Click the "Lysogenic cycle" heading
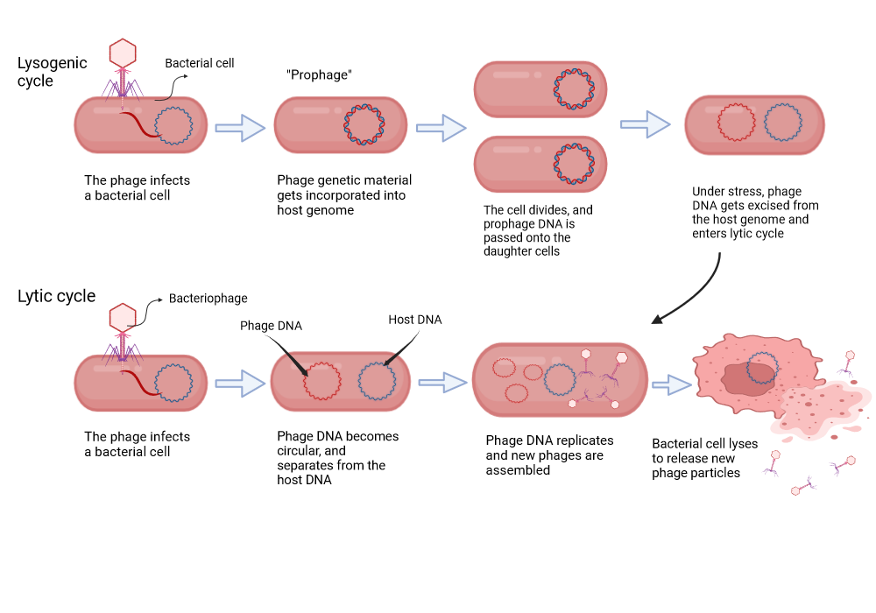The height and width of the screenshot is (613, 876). click(53, 72)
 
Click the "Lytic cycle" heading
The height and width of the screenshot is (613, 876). click(56, 296)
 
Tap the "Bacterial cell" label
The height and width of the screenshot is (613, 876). click(200, 63)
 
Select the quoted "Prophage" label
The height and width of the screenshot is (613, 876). click(319, 75)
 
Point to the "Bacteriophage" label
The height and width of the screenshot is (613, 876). click(208, 299)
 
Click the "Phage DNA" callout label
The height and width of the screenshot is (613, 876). click(271, 326)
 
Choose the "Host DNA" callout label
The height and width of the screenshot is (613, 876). click(414, 320)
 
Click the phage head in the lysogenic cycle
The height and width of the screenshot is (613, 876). click(123, 53)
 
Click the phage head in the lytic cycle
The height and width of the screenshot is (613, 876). click(123, 316)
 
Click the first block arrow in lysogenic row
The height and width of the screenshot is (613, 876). click(239, 128)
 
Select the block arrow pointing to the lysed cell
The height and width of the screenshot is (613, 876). click(672, 384)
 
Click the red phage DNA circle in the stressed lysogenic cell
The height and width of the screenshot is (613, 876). click(736, 123)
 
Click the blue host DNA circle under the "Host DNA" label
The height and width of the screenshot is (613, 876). click(376, 382)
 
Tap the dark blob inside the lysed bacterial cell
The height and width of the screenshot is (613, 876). click(748, 377)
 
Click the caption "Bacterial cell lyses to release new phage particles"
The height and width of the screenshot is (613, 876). click(704, 458)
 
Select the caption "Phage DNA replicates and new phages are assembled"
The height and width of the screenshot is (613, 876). click(549, 454)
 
